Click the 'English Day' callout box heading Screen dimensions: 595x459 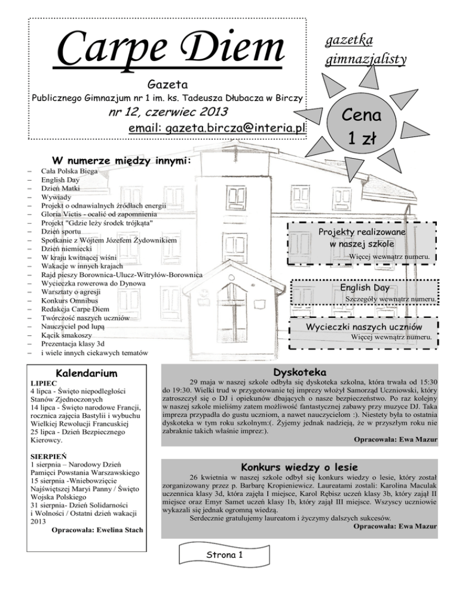(x=365, y=288)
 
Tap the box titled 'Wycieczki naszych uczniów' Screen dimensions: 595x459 (x=364, y=327)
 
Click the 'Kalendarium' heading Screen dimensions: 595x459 (x=83, y=374)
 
